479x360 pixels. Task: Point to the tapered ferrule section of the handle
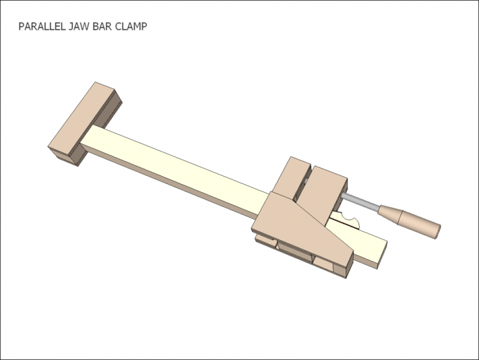point(387,212)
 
